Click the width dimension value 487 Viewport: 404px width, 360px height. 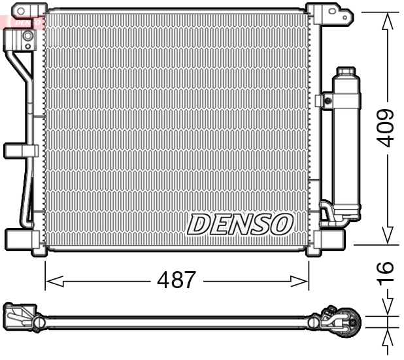click(x=177, y=280)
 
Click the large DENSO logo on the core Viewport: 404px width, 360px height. click(x=239, y=224)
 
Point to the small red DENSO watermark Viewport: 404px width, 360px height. click(x=25, y=22)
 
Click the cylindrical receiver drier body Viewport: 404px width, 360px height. click(x=346, y=144)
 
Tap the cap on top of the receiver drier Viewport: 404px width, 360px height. click(x=345, y=71)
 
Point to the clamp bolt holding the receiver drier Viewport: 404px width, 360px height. click(x=326, y=101)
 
